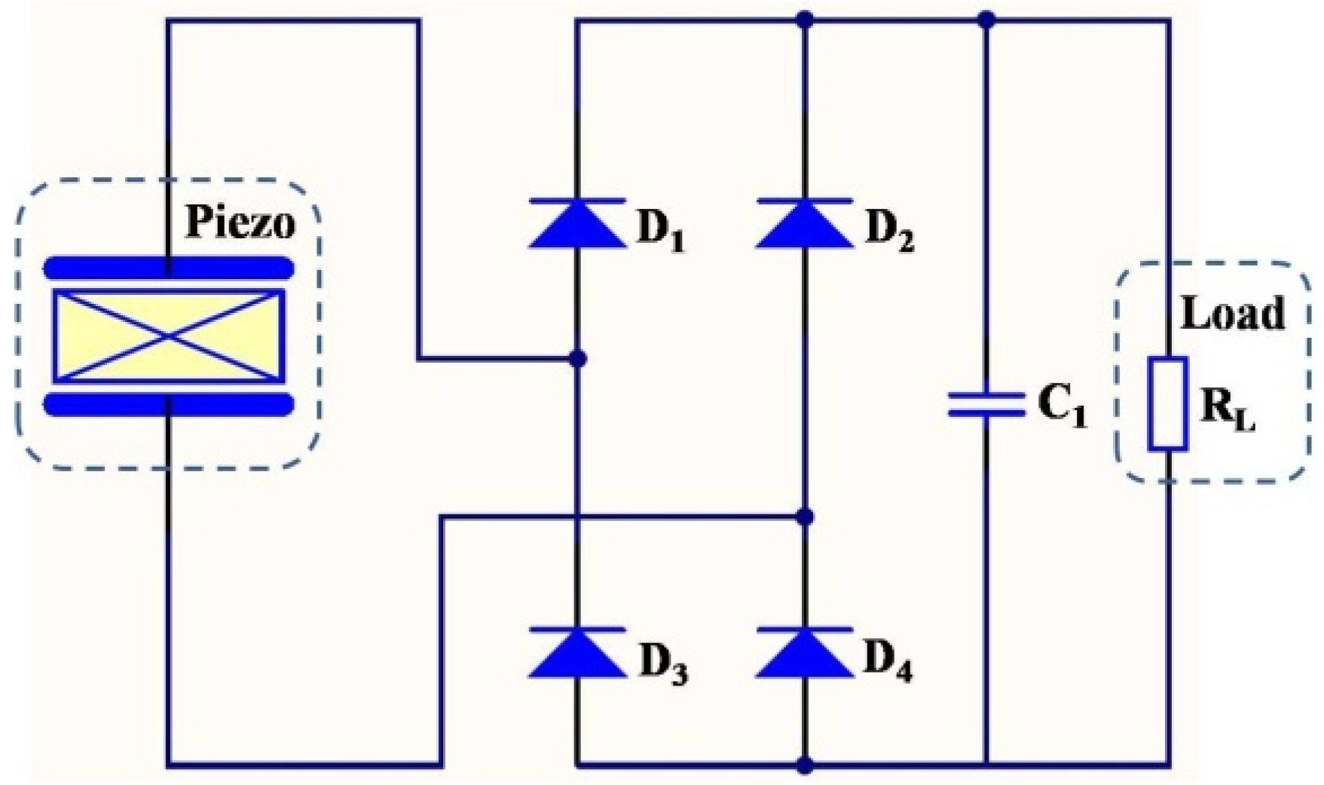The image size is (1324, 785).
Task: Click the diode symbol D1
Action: point(577,224)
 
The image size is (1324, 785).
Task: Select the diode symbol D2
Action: point(805,224)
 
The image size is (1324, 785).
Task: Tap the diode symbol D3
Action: point(577,652)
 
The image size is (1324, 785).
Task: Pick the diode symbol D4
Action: point(805,652)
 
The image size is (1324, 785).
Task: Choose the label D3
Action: point(663,663)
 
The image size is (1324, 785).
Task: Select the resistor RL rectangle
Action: point(1167,404)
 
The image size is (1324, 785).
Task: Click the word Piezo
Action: point(240,222)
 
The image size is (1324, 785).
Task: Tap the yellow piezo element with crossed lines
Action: point(169,336)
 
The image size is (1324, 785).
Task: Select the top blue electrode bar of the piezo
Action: point(169,268)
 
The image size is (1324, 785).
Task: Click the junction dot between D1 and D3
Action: point(577,358)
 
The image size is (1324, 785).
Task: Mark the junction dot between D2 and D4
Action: point(805,517)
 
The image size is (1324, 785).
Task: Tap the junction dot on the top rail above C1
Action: point(986,20)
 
